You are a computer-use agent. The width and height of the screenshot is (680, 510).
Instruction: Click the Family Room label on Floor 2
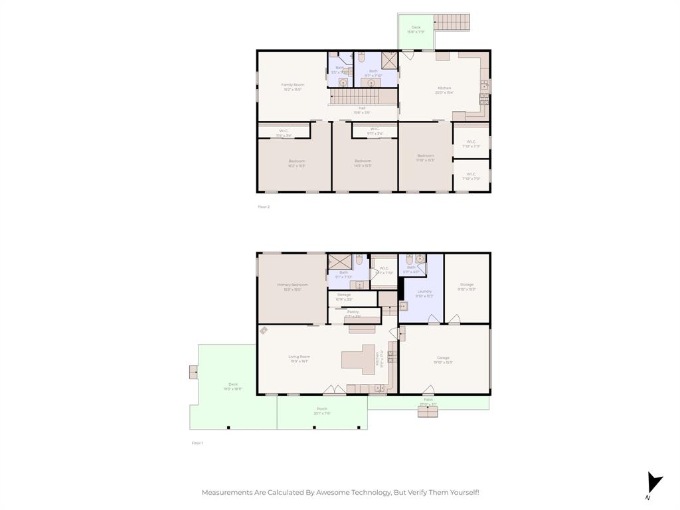(x=292, y=85)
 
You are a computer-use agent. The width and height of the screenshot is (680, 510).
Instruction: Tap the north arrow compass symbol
(x=654, y=484)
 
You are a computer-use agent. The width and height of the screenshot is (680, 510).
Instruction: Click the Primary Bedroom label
(x=292, y=285)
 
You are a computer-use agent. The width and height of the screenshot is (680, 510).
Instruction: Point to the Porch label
(x=322, y=409)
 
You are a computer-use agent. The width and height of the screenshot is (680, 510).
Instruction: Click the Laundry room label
(x=424, y=292)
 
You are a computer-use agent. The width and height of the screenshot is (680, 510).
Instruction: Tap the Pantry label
(x=353, y=312)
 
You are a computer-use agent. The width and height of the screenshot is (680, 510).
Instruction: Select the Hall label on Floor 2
(x=362, y=109)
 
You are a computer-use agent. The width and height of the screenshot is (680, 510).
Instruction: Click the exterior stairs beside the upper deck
(x=452, y=22)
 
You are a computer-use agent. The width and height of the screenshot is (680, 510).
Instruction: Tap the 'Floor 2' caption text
(x=264, y=207)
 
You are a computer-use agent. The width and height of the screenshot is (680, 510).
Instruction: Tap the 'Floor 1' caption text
(x=197, y=443)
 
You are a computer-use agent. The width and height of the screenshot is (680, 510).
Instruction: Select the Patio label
(x=428, y=400)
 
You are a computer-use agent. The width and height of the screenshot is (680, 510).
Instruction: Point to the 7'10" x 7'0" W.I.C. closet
(x=471, y=175)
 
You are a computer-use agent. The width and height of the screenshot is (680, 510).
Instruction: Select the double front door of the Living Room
(x=333, y=389)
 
